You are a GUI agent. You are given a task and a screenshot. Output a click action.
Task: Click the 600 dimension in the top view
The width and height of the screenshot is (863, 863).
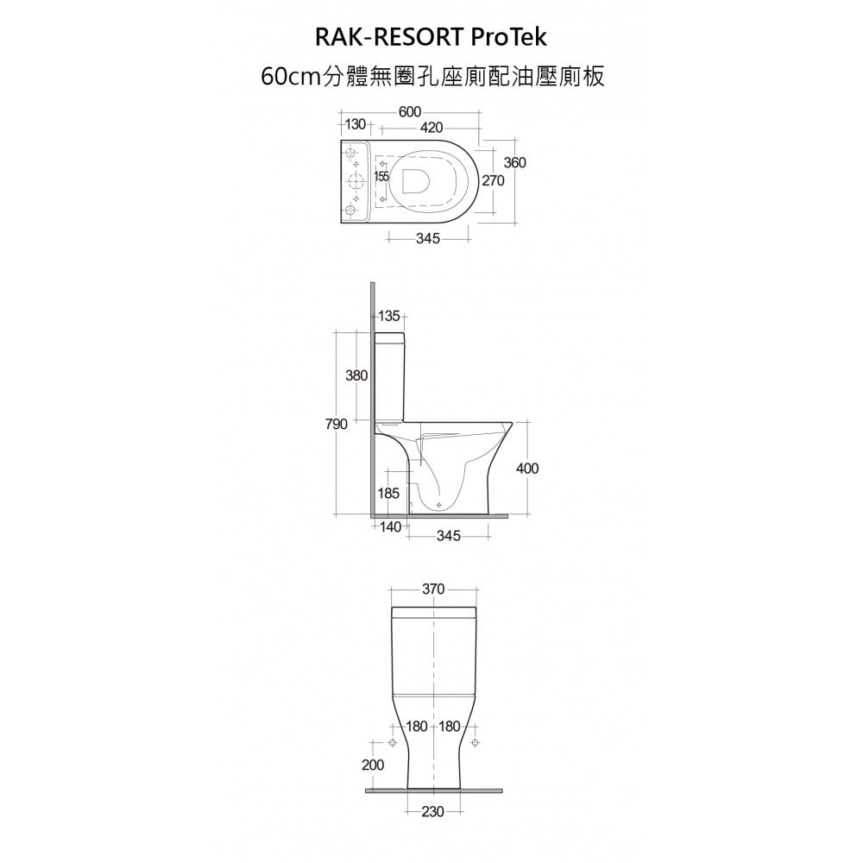pyautogui.click(x=410, y=112)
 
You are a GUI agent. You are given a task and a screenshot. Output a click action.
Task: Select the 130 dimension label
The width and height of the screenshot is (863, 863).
pyautogui.click(x=356, y=125)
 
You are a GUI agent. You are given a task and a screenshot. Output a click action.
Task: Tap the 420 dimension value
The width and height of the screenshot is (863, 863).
pyautogui.click(x=431, y=129)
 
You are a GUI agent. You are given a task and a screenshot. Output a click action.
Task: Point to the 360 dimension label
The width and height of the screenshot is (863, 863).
pyautogui.click(x=515, y=163)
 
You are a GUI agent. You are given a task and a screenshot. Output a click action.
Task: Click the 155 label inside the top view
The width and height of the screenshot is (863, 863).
pyautogui.click(x=381, y=177)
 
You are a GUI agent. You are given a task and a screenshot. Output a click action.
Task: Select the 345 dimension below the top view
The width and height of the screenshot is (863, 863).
pyautogui.click(x=428, y=238)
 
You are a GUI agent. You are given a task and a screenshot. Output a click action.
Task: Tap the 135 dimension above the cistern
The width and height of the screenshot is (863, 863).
pyautogui.click(x=389, y=317)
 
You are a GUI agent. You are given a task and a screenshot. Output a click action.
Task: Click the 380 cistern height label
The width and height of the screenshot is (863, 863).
pyautogui.click(x=356, y=376)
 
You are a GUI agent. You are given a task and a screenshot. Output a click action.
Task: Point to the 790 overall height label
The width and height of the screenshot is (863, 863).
pyautogui.click(x=337, y=425)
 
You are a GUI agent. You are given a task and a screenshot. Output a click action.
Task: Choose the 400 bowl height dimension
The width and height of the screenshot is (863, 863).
pyautogui.click(x=527, y=469)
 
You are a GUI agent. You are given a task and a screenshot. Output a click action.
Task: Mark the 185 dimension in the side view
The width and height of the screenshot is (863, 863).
pyautogui.click(x=389, y=494)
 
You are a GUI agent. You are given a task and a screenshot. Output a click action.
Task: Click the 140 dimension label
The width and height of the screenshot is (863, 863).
pyautogui.click(x=391, y=526)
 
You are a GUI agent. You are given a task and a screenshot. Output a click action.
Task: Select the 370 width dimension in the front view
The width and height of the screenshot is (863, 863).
pyautogui.click(x=433, y=589)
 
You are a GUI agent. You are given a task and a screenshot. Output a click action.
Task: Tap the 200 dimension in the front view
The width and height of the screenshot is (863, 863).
pyautogui.click(x=373, y=765)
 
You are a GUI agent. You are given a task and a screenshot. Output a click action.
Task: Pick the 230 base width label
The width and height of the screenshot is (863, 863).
pyautogui.click(x=433, y=812)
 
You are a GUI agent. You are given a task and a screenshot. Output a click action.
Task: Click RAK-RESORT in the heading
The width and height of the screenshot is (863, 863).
pyautogui.click(x=390, y=37)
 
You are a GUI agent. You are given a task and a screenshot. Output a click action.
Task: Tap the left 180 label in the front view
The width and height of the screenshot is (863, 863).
pyautogui.click(x=417, y=727)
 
